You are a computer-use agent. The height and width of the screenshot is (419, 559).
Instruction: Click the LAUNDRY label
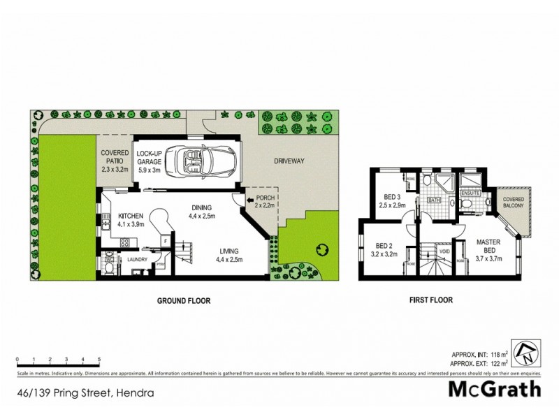(x=137, y=260)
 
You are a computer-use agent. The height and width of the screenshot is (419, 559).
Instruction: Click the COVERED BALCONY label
(x=514, y=203)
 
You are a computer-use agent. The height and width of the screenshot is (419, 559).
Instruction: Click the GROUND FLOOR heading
(x=182, y=301)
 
